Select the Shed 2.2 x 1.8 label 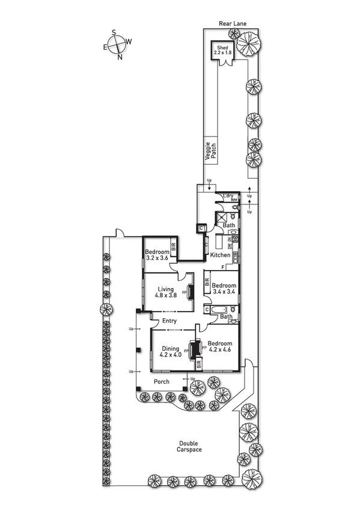(222, 50)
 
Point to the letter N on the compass (119, 57)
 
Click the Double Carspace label (189, 446)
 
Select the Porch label (161, 381)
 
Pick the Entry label (169, 321)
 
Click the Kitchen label (219, 255)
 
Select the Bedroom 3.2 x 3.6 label (157, 255)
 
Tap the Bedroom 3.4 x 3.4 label (224, 289)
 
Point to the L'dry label (228, 196)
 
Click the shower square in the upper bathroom (222, 218)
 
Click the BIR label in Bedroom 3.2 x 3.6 (173, 246)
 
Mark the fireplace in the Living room (191, 292)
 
